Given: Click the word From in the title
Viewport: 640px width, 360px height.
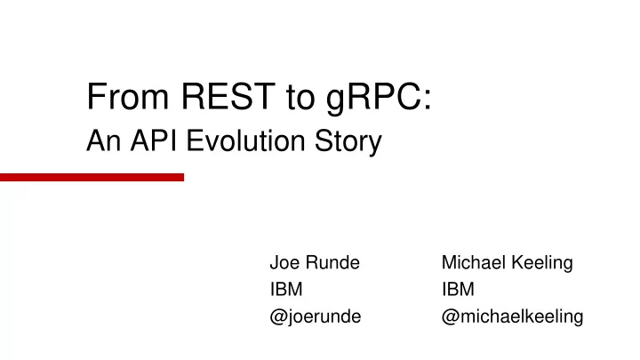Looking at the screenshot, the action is click(x=128, y=96).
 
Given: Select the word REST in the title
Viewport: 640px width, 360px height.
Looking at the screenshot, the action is click(x=228, y=96).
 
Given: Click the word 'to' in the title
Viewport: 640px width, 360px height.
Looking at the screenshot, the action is click(x=300, y=98).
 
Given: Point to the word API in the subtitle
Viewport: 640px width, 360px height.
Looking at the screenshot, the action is click(x=154, y=140).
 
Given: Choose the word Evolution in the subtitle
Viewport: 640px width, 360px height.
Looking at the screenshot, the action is click(x=245, y=140).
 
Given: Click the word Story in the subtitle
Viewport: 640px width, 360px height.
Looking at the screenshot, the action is click(x=348, y=142).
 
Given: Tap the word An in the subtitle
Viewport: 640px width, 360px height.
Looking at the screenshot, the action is click(x=104, y=140).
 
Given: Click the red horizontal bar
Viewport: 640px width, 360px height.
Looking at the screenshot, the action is click(x=92, y=177).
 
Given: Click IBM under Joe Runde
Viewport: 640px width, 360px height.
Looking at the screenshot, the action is click(x=286, y=290).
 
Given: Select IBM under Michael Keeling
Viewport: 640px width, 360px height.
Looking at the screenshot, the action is click(x=458, y=290).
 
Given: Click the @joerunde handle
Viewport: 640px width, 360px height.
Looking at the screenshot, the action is click(x=316, y=317).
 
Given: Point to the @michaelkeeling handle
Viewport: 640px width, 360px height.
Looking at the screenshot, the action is click(x=513, y=317).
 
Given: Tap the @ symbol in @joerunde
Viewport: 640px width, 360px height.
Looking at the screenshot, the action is click(x=278, y=317).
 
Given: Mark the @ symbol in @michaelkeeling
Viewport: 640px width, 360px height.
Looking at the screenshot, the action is click(x=450, y=317).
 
